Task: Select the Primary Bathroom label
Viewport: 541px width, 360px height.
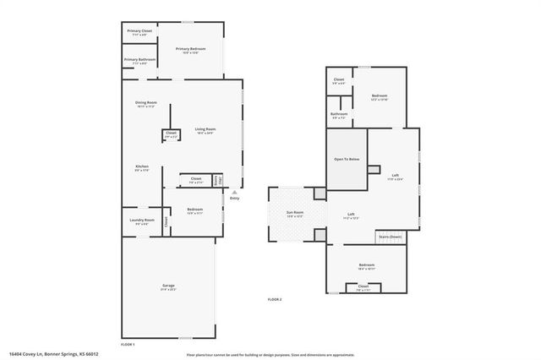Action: [139, 61]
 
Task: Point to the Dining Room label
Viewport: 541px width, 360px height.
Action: [146, 105]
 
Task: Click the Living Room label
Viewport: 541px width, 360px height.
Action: [205, 131]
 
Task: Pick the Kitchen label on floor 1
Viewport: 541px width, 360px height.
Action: [142, 168]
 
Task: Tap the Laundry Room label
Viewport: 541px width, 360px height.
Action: [142, 221]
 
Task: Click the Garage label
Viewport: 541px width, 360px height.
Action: [168, 287]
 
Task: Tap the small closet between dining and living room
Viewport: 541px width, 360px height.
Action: [171, 134]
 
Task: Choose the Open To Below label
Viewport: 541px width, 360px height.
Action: [347, 159]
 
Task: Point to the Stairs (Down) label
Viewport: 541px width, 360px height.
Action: [390, 237]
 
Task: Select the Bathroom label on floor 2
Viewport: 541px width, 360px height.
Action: [339, 115]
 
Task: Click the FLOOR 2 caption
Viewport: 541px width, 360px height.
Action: [275, 300]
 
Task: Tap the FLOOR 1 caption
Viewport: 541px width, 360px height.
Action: [128, 345]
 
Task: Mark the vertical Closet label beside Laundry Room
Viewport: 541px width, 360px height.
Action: [167, 221]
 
